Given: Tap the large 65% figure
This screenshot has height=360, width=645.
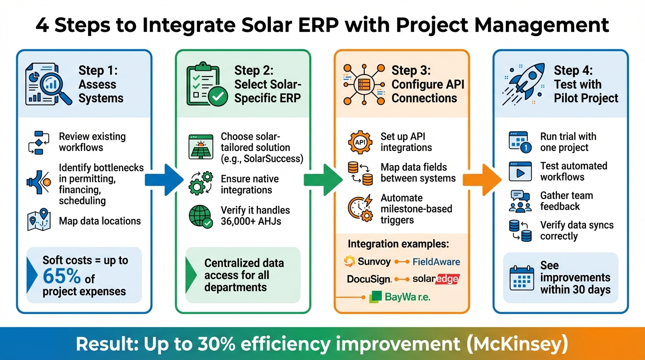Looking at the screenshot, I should pyautogui.click(x=61, y=277).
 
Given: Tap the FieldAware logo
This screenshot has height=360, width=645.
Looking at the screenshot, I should pyautogui.click(x=436, y=262).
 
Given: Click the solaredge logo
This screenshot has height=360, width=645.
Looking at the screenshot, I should pyautogui.click(x=435, y=279).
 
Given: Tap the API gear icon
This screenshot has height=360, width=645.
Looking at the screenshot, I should pyautogui.click(x=360, y=142).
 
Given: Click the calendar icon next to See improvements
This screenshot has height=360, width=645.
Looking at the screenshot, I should pyautogui.click(x=521, y=278).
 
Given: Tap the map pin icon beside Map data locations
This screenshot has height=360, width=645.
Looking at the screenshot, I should pyautogui.click(x=39, y=221).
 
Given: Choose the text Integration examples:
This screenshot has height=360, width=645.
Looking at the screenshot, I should pyautogui.click(x=398, y=244).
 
